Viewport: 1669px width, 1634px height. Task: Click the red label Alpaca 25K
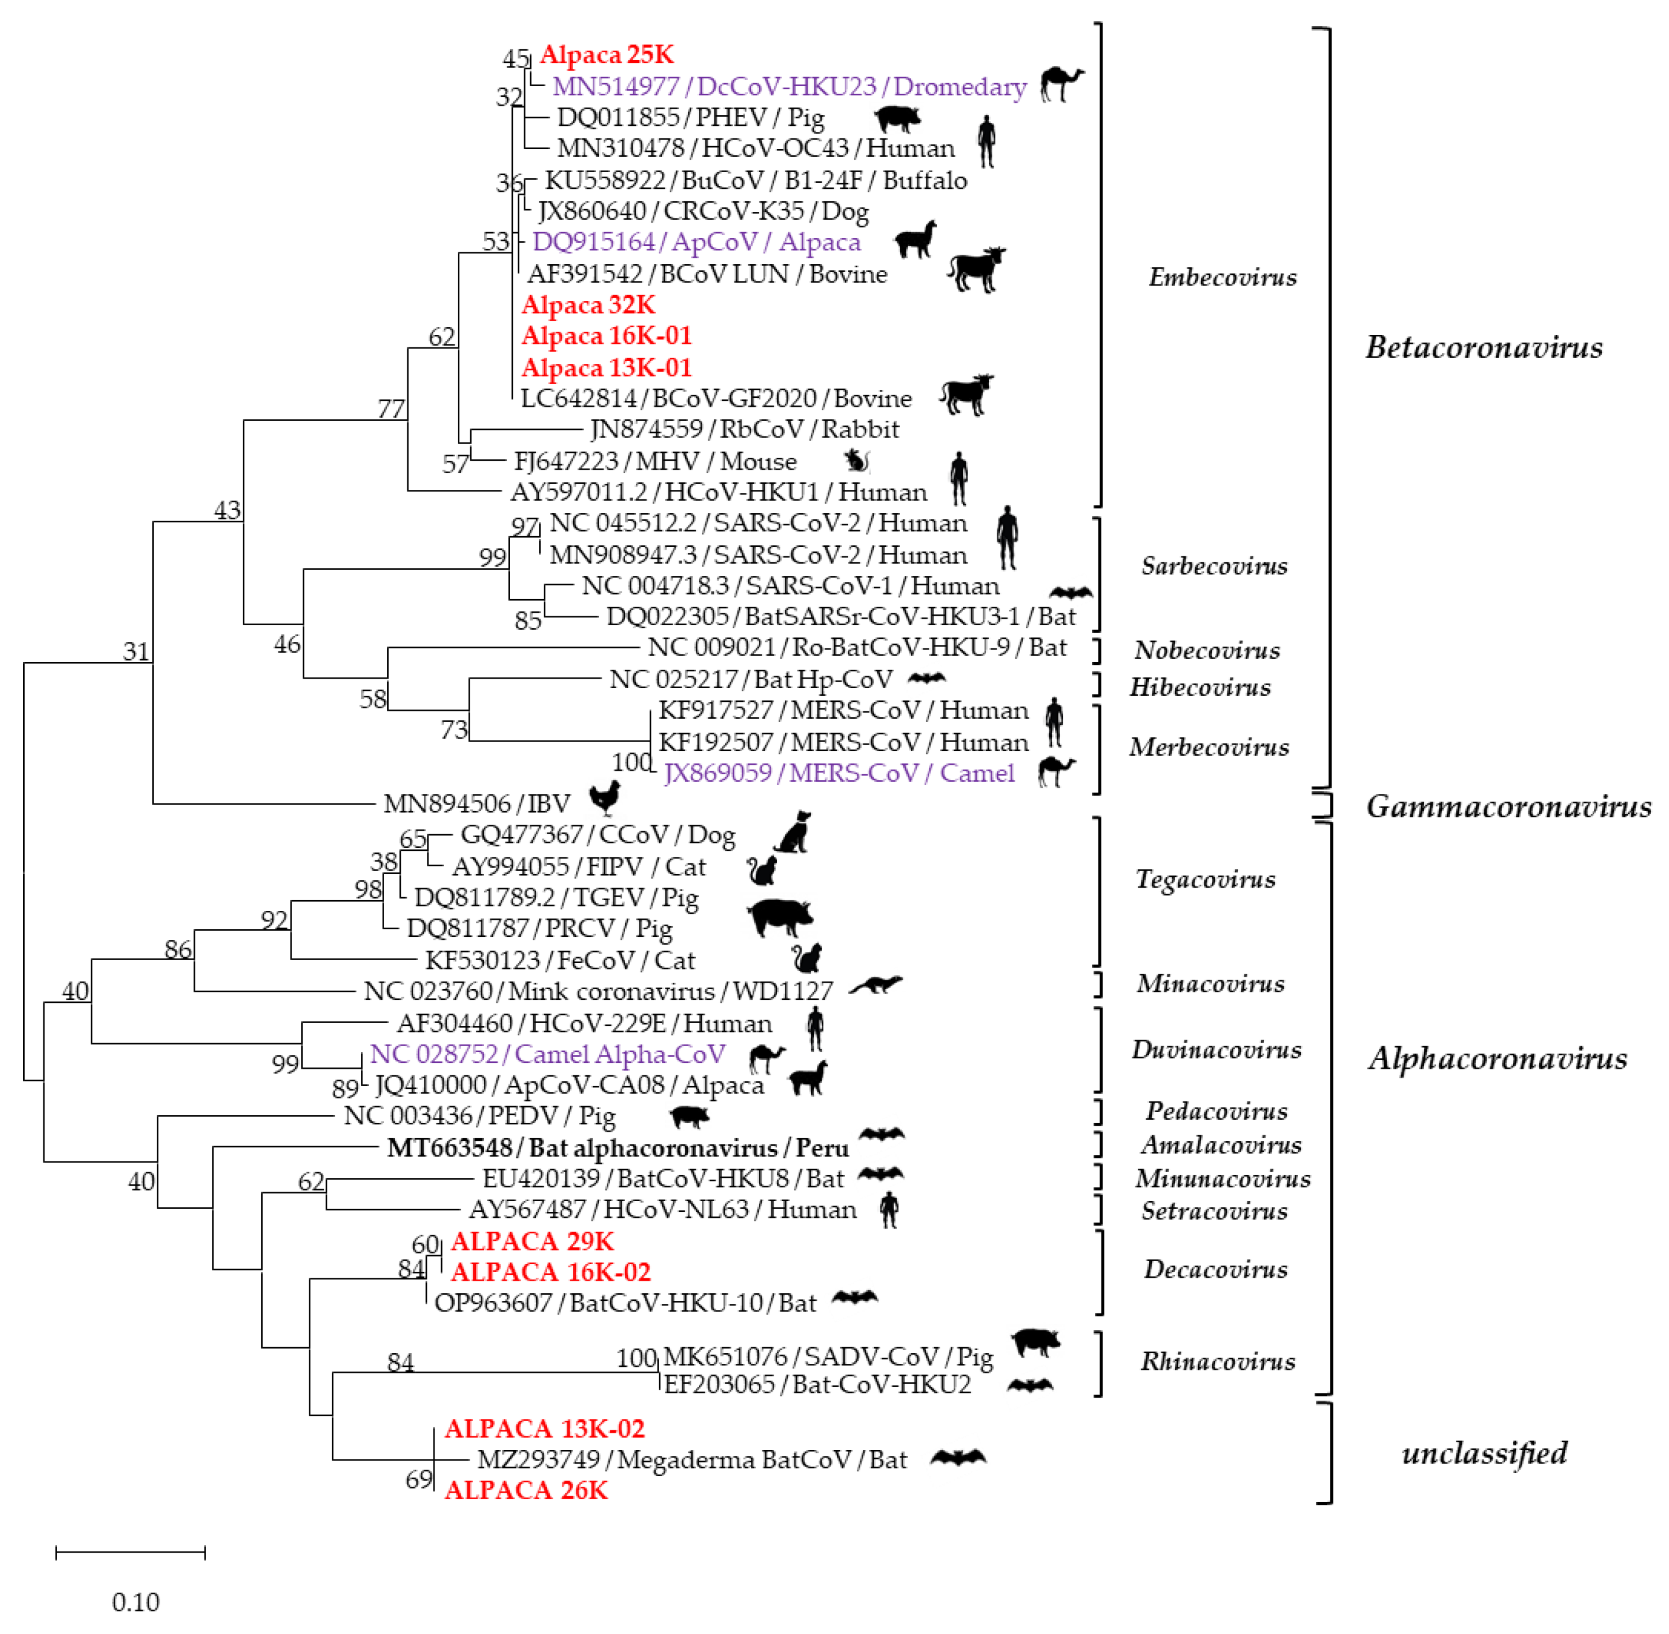coord(607,55)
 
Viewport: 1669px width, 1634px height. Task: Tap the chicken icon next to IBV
coord(605,798)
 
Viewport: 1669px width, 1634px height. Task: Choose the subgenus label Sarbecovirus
coord(1214,566)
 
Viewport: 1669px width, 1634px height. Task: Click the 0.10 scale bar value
coord(135,1601)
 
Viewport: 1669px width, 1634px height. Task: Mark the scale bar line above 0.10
coord(131,1551)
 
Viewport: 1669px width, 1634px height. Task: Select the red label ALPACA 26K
coord(526,1490)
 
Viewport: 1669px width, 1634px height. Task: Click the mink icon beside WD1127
coord(875,985)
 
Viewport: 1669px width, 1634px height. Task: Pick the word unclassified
coord(1484,1453)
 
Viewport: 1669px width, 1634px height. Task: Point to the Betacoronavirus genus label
coord(1484,347)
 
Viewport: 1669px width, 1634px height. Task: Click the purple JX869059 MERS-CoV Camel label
coord(838,773)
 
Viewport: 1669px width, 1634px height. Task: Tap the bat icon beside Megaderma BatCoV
coord(958,1457)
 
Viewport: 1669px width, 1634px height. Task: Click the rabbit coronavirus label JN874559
coord(744,429)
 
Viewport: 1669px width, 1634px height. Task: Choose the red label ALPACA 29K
coord(532,1241)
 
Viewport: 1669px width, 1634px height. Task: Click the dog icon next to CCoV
coord(793,832)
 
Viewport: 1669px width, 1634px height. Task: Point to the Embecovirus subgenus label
coord(1222,277)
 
